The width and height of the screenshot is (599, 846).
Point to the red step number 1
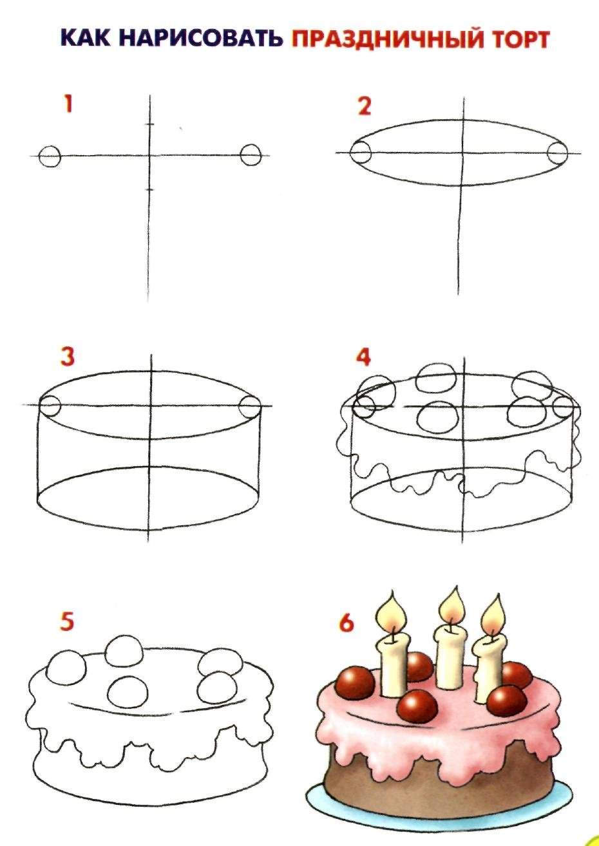[68, 104]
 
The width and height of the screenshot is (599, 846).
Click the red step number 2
[365, 106]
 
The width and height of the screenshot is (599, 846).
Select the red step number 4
[363, 357]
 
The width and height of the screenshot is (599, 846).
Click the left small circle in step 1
[50, 156]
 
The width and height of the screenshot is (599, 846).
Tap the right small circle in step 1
[251, 155]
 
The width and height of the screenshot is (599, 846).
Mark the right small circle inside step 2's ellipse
[558, 153]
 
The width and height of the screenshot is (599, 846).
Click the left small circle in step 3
[50, 405]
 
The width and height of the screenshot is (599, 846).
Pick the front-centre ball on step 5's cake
[128, 693]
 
